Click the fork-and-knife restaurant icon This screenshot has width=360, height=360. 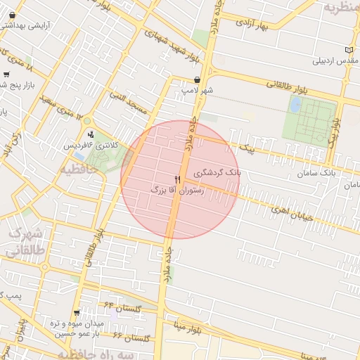[177, 181]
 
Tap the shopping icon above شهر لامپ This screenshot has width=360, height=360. [197, 80]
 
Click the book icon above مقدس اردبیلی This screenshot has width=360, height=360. [350, 50]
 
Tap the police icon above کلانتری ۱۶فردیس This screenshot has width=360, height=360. [90, 134]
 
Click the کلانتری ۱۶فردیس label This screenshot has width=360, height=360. [91, 145]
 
